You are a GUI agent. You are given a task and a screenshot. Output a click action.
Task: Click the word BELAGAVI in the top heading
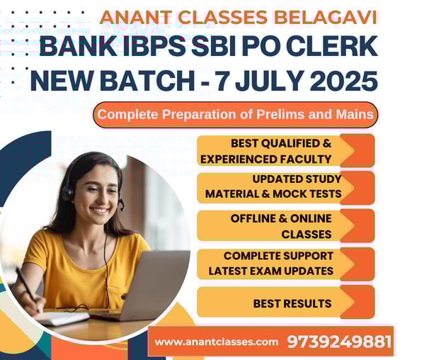tap(326, 17)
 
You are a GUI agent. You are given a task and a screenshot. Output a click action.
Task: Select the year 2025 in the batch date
tap(344, 81)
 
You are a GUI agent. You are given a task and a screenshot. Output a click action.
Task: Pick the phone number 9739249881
tap(339, 342)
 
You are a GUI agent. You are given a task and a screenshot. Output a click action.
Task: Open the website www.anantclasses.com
tap(216, 342)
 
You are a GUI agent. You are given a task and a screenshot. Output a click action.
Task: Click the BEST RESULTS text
tap(292, 303)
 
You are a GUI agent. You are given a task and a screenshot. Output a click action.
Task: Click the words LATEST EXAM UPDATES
tap(271, 271)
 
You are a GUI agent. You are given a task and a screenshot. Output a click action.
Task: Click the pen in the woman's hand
tap(26, 285)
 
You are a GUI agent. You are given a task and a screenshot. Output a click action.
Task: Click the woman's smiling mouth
tap(99, 210)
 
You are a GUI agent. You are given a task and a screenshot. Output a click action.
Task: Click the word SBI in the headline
tap(213, 47)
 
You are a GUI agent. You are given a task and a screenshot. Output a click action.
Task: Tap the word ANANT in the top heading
tap(136, 17)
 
